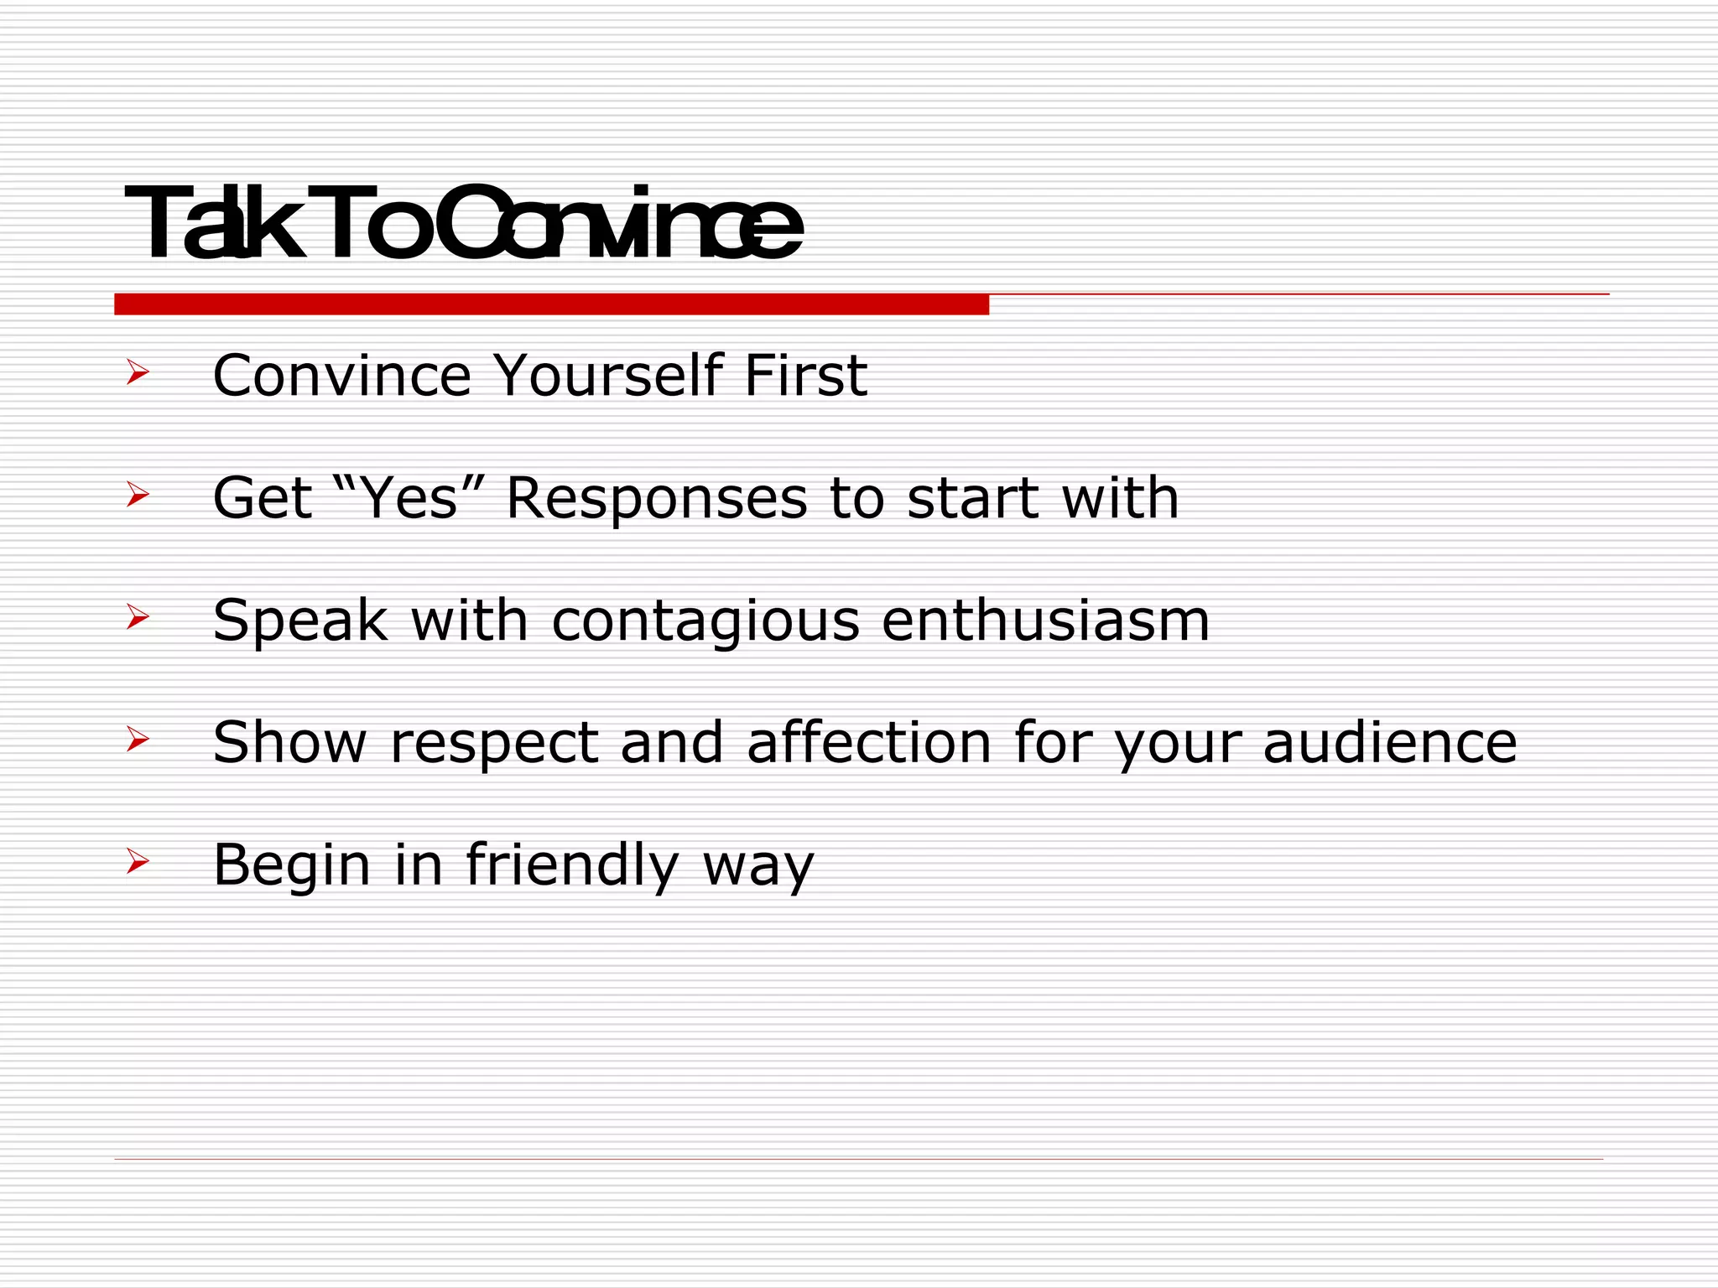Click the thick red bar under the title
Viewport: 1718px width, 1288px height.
click(551, 304)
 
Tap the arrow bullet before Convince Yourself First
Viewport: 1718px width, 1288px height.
click(138, 372)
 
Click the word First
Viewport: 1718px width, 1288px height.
click(805, 375)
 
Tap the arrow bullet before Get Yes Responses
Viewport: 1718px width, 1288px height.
click(138, 495)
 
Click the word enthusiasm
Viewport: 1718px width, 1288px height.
click(1045, 621)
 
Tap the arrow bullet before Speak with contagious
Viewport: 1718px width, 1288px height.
click(138, 617)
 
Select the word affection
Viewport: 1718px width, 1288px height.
click(869, 743)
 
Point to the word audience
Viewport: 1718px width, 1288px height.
click(1389, 743)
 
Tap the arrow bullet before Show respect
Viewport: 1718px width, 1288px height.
click(138, 740)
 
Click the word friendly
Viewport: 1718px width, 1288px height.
click(571, 866)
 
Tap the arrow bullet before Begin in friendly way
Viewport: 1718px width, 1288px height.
click(138, 861)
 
